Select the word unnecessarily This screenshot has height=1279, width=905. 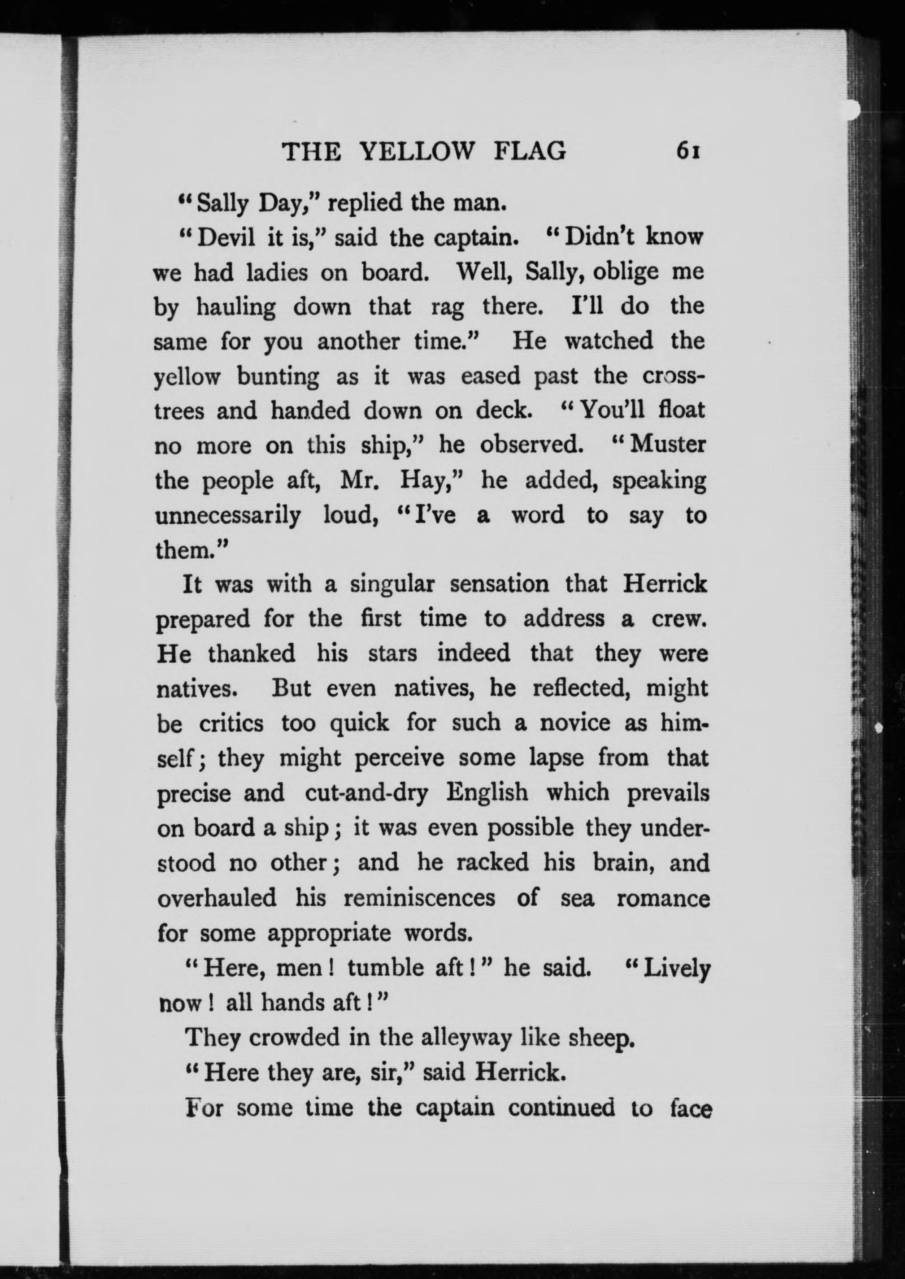coord(227,516)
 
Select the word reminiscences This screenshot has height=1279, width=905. coord(418,898)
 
